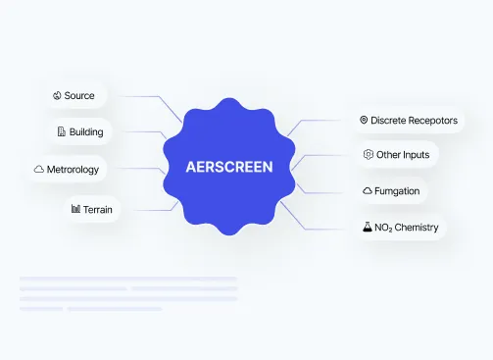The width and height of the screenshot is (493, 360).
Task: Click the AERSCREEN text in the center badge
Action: pos(229,167)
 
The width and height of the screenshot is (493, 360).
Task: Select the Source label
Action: pos(79,95)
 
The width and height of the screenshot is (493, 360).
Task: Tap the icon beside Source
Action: pos(57,95)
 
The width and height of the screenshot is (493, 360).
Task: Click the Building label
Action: pos(86,131)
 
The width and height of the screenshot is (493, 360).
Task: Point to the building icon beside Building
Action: pos(62,131)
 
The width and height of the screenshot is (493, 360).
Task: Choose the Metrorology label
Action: pos(73,170)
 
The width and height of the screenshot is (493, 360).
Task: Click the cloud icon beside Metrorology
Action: pos(39,169)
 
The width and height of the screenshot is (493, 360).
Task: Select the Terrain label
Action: pos(98,209)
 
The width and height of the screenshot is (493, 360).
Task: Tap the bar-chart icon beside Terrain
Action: pos(75,209)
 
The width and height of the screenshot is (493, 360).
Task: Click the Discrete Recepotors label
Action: pos(414,121)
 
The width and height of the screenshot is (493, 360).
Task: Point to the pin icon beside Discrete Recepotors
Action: pos(364,120)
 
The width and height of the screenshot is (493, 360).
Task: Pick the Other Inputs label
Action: pos(403,155)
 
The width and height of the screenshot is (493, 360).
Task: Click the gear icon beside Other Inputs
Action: pos(369,154)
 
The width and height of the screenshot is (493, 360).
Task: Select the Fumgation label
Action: pos(397,191)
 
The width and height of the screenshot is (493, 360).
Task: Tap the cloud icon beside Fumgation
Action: pos(368,190)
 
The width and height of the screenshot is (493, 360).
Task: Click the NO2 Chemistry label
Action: pos(407,228)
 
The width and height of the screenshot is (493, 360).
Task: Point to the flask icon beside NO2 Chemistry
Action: pos(368,227)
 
